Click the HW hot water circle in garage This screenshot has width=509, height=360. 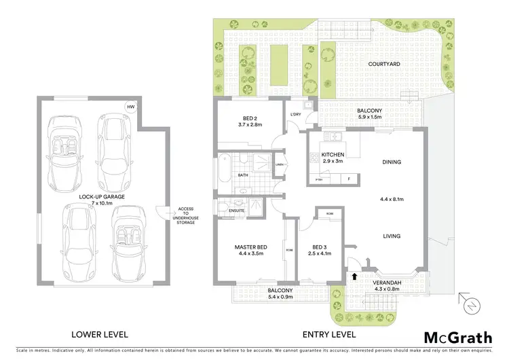[x=130, y=106]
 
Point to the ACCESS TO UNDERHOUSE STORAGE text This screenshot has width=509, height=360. [x=186, y=215]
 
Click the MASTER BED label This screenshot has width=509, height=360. [x=249, y=247]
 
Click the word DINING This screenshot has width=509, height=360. [x=392, y=162]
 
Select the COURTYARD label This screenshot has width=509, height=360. [x=383, y=64]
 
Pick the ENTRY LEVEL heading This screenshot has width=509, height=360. [x=328, y=335]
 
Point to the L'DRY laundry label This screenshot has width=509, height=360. [x=296, y=114]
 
